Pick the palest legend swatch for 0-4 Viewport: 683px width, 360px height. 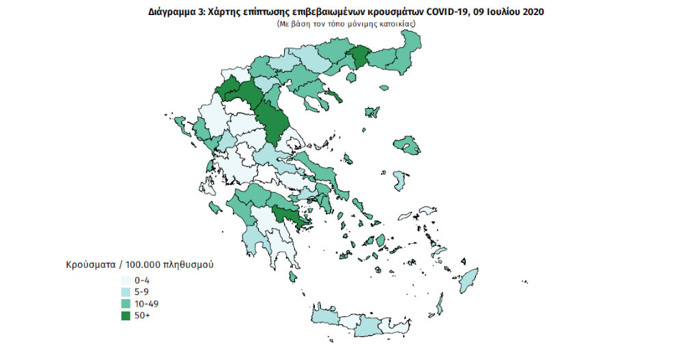point(126,281)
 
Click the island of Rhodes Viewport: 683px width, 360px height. point(469,279)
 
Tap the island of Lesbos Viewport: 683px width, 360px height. point(408,146)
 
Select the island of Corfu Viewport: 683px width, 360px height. point(182,124)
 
